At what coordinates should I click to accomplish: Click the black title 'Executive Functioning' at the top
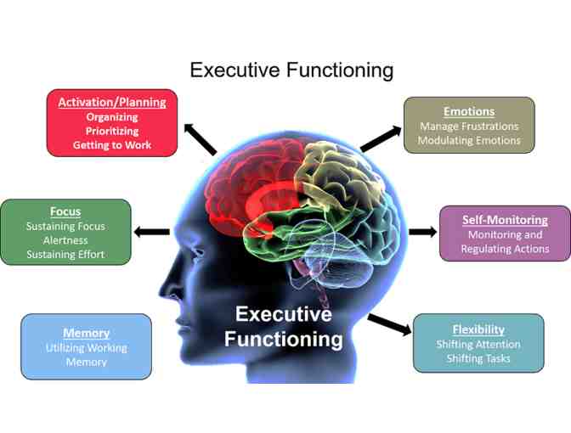[x=291, y=70]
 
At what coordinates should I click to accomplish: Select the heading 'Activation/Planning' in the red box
[x=112, y=102]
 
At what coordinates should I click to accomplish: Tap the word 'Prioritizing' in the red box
[x=112, y=131]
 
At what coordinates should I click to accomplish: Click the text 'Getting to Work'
[x=112, y=145]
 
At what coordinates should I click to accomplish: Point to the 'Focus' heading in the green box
[x=65, y=211]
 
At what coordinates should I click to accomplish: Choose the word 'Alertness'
[x=65, y=240]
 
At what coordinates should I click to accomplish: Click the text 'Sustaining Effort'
[x=65, y=255]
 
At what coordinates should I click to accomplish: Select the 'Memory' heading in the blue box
[x=86, y=333]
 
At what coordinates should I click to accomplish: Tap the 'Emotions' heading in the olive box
[x=468, y=111]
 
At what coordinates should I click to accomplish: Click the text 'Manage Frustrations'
[x=468, y=127]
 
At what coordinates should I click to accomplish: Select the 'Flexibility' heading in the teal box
[x=478, y=329]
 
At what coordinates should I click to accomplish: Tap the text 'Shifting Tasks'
[x=478, y=358]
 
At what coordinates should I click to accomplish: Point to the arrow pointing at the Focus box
[x=153, y=231]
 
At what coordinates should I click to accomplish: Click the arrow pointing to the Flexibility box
[x=390, y=323]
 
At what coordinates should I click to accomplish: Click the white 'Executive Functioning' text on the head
[x=284, y=327]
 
